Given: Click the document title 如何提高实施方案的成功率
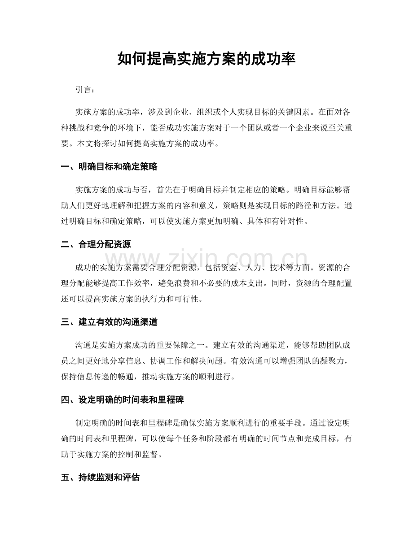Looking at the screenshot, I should [206, 58].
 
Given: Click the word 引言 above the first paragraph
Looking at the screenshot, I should [85, 90].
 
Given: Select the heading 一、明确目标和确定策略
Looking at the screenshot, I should [109, 167].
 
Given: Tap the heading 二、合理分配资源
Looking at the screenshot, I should [96, 245].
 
